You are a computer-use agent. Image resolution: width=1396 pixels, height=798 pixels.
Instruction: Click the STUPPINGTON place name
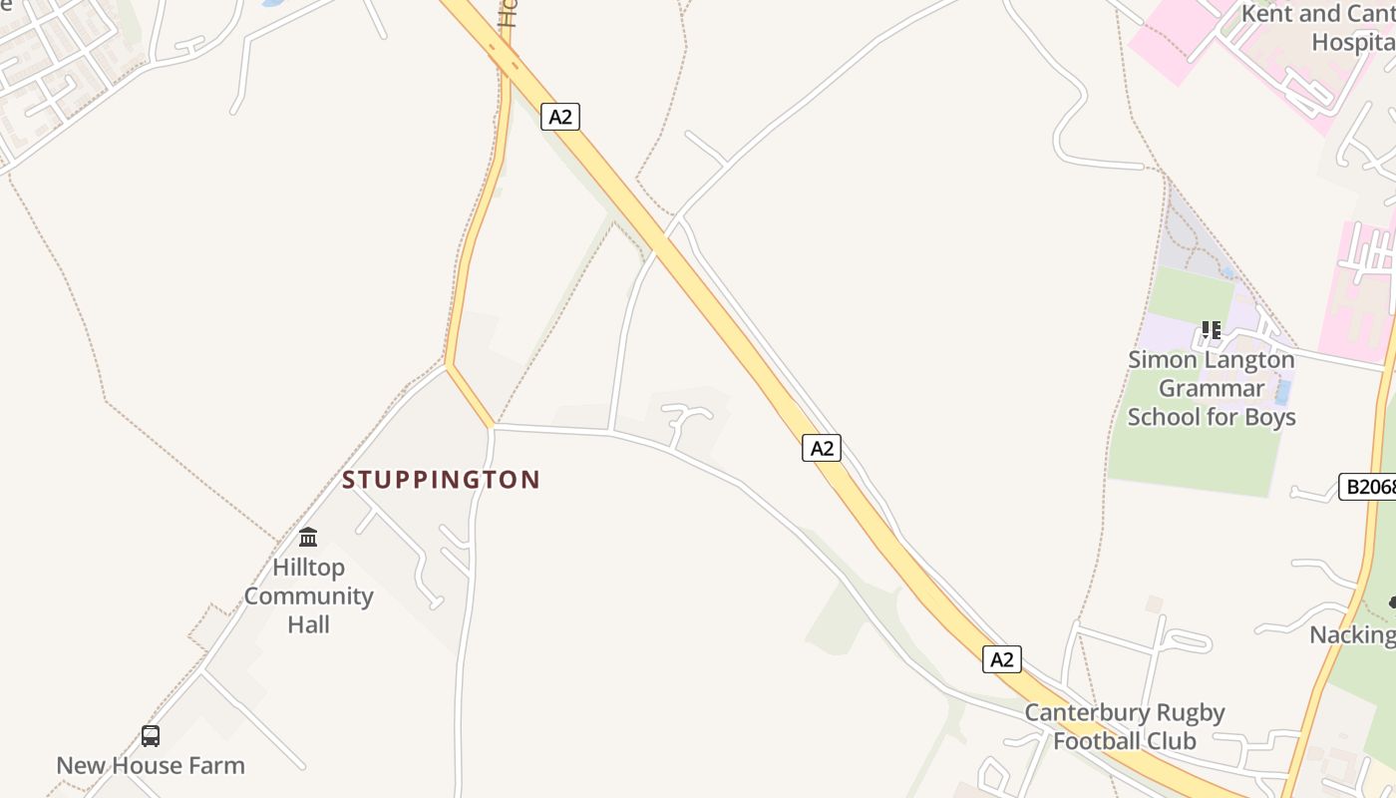pos(441,480)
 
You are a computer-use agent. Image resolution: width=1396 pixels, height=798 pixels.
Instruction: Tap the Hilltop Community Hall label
pos(308,596)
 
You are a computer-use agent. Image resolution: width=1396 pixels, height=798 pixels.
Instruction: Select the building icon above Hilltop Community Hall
pos(308,538)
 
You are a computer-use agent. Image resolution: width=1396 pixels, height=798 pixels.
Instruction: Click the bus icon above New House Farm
pos(151,736)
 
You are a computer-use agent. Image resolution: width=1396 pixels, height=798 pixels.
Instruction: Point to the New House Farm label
pos(151,766)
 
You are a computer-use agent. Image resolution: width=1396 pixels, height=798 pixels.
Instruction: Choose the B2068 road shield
pos(1366,487)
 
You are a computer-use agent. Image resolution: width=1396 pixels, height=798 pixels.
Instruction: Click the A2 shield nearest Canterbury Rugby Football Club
pos(1002,659)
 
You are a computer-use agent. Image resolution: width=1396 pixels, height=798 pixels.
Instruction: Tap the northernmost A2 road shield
pos(560,117)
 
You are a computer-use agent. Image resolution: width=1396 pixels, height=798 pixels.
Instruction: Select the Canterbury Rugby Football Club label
pos(1125,727)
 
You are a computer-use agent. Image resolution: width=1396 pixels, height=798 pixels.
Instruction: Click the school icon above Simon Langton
pos(1212,329)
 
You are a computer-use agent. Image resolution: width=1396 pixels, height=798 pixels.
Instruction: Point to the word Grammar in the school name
pos(1212,388)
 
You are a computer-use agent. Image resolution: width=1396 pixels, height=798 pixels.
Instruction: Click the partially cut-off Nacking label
pos(1352,635)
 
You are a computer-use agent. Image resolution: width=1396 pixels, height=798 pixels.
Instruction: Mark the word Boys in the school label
pos(1268,417)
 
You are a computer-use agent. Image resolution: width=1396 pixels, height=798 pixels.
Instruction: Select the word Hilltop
pos(308,568)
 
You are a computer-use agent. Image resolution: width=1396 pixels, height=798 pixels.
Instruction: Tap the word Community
pos(308,597)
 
